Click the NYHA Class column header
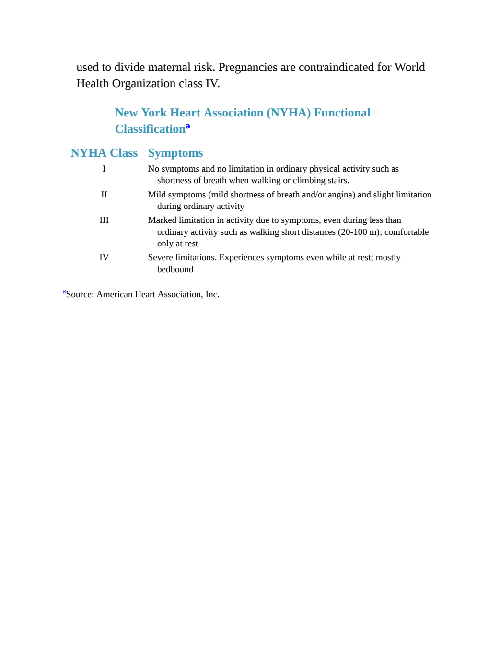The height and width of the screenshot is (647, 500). point(104,153)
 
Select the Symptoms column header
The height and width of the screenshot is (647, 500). point(175,153)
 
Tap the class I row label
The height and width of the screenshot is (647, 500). point(104,169)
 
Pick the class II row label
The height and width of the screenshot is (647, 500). point(104,195)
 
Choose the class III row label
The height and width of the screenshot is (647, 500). point(104,220)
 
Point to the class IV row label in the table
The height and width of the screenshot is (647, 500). point(104,257)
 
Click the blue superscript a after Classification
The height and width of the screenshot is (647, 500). point(188,126)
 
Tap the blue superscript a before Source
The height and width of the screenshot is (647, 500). point(64,291)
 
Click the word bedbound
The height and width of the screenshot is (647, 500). point(175,269)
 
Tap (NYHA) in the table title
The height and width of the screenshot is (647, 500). point(289,113)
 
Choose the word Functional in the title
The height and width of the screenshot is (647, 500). point(342,113)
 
